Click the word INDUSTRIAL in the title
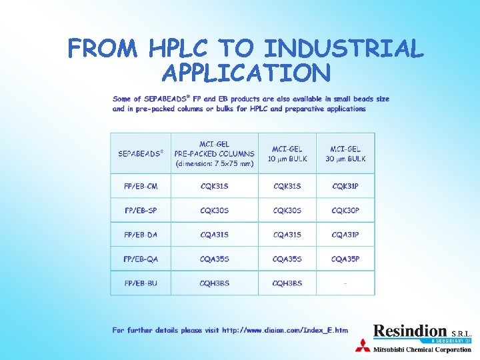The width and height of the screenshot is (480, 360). click(344, 49)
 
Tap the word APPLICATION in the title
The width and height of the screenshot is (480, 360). click(245, 73)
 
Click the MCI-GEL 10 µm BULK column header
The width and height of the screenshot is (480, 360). click(287, 153)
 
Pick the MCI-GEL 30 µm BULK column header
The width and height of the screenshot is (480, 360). click(345, 153)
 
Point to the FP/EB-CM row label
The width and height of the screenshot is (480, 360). click(141, 186)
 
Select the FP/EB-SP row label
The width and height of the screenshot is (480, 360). click(141, 211)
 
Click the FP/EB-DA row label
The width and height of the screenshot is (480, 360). click(141, 235)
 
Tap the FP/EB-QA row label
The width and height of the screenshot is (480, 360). click(141, 259)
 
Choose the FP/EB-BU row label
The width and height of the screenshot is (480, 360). click(141, 283)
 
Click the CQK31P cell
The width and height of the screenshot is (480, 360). click(345, 186)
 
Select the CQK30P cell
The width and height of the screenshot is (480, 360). click(345, 211)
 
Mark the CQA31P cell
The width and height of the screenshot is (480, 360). click(345, 235)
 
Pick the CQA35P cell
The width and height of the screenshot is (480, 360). click(345, 259)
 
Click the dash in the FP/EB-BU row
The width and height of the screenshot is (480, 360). click(345, 283)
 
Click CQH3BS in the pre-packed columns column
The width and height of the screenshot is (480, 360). click(214, 283)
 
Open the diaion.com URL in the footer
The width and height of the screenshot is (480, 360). click(285, 330)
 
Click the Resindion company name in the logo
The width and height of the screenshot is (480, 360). click(410, 331)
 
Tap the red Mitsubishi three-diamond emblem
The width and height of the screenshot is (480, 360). click(363, 346)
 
